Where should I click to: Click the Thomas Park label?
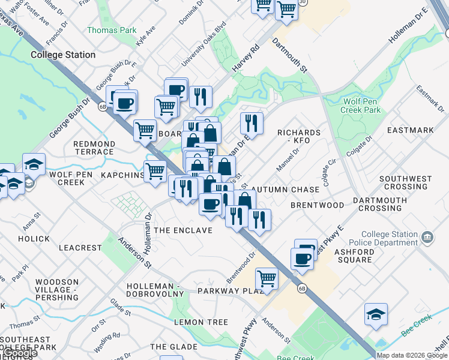point(112,31)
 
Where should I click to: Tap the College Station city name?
point(63,55)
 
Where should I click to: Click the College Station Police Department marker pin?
point(427,236)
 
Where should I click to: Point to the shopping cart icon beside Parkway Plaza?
point(266,278)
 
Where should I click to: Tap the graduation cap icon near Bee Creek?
point(376,314)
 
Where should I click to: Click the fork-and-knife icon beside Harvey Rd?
point(200,95)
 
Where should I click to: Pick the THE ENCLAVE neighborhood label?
point(183,230)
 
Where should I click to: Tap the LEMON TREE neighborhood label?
point(200,322)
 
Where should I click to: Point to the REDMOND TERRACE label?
point(94,148)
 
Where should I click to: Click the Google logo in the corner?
point(20,353)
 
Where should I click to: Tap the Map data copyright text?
point(412,355)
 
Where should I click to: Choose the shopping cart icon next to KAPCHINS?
point(155,171)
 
